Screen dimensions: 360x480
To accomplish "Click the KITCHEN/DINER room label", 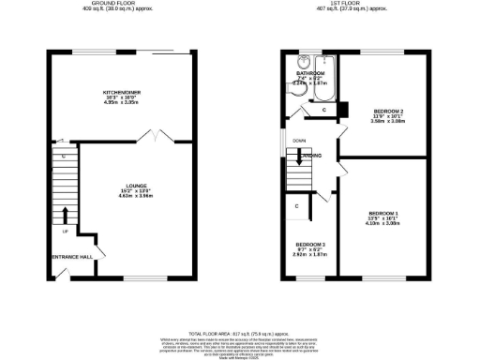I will point(124,92).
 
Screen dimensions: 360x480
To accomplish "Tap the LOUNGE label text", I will point(128,187).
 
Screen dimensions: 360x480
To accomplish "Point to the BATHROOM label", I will point(310,72).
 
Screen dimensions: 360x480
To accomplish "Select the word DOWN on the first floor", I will point(298,142).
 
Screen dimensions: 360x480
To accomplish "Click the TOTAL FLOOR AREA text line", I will point(240,333).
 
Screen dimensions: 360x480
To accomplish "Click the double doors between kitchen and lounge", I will point(147,138).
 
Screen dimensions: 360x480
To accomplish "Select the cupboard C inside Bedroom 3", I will point(296,206).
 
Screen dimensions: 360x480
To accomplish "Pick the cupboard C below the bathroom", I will point(323,110).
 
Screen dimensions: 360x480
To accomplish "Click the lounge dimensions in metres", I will point(128,197).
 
